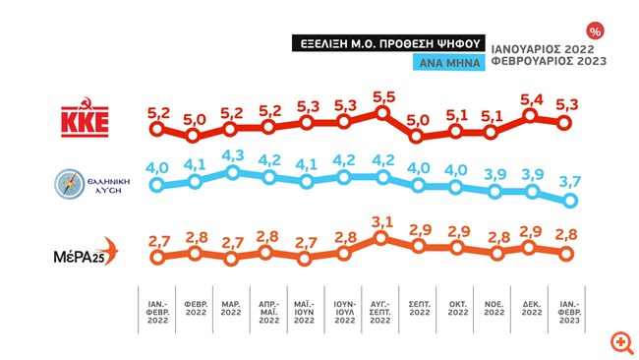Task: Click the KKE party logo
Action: click(x=85, y=117)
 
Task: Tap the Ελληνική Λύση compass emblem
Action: click(x=69, y=184)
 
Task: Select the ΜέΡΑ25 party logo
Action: click(x=86, y=252)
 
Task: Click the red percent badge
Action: click(x=595, y=31)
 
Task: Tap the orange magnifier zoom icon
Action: click(x=622, y=342)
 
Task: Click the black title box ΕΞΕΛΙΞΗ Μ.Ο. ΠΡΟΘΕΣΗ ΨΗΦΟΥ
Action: click(x=388, y=43)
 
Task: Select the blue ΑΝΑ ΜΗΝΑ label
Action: click(x=449, y=62)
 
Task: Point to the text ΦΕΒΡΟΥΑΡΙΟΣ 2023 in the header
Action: click(x=549, y=61)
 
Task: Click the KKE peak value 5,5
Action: click(x=383, y=97)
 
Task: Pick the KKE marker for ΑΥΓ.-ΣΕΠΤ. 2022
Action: click(x=381, y=112)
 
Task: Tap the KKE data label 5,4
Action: click(x=532, y=99)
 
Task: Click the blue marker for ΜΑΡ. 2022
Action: click(x=232, y=172)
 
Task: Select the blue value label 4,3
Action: click(x=233, y=155)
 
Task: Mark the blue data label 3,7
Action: click(x=570, y=181)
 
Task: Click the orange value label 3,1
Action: click(x=382, y=221)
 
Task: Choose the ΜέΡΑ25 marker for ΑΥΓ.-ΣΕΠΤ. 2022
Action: click(x=380, y=238)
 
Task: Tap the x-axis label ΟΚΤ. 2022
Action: click(x=458, y=308)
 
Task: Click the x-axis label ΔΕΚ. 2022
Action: click(x=532, y=308)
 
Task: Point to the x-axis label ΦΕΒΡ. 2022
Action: click(x=196, y=308)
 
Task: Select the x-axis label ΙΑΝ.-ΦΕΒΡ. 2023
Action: click(x=569, y=313)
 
